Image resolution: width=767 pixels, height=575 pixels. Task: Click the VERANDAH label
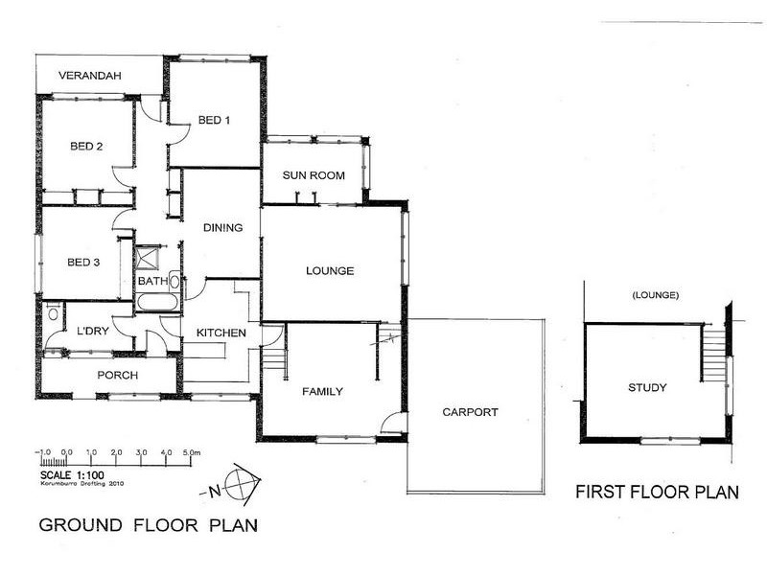(x=89, y=76)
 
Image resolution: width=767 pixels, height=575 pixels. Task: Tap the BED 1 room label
(x=214, y=120)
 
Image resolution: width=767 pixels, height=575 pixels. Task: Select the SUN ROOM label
(x=314, y=175)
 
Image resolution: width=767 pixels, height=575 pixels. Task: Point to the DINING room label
(x=222, y=227)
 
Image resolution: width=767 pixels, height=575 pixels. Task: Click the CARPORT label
(x=470, y=412)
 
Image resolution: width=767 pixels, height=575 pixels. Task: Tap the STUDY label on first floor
(x=647, y=388)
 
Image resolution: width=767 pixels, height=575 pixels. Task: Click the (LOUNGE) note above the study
(x=656, y=295)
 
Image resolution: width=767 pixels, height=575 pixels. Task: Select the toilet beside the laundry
(x=54, y=311)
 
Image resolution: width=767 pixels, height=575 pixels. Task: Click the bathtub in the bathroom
(x=157, y=302)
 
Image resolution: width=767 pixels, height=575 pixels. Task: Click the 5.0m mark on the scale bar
(x=191, y=452)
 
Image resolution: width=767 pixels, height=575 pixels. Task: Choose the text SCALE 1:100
(x=72, y=474)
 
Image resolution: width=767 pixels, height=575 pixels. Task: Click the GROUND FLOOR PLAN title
(x=149, y=525)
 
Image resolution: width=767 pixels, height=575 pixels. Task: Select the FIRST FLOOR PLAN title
(x=657, y=492)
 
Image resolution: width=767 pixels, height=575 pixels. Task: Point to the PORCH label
(x=117, y=375)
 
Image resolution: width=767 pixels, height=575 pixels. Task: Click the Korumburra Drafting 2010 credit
(x=81, y=484)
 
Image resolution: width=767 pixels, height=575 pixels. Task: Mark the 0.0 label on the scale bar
(x=67, y=452)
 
